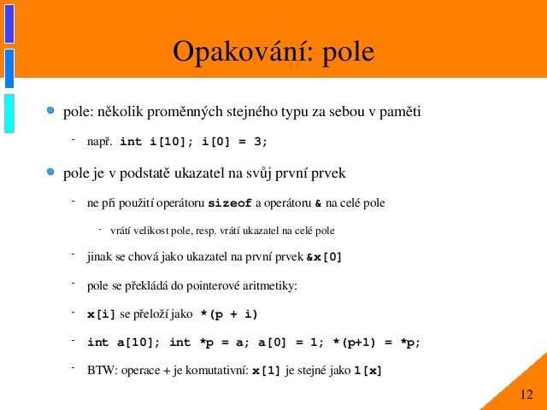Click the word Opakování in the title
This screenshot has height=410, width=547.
pyautogui.click(x=243, y=51)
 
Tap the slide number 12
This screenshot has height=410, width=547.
pyautogui.click(x=526, y=395)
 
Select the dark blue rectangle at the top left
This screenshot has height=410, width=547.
pyautogui.click(x=9, y=24)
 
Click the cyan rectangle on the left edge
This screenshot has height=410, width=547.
pyautogui.click(x=9, y=114)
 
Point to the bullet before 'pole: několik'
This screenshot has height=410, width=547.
pyautogui.click(x=50, y=110)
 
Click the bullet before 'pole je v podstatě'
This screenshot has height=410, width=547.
pyautogui.click(x=50, y=172)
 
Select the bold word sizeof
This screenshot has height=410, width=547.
pyautogui.click(x=230, y=203)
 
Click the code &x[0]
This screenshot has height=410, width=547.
pyautogui.click(x=324, y=257)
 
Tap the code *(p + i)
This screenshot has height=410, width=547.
pyautogui.click(x=229, y=314)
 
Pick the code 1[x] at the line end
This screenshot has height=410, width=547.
pyautogui.click(x=368, y=371)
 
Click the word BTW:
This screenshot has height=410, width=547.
pyautogui.click(x=103, y=370)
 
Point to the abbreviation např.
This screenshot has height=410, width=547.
pyautogui.click(x=100, y=142)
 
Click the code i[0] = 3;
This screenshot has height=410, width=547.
pyautogui.click(x=234, y=142)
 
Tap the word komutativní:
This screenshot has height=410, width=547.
pyautogui.click(x=217, y=370)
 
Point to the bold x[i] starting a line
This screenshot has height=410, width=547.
pyautogui.click(x=101, y=314)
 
